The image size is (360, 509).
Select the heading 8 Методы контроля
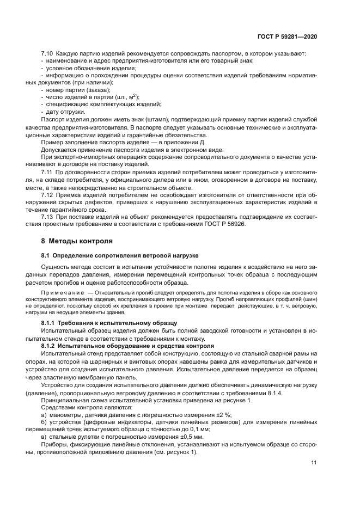pyautogui.click(x=77, y=241)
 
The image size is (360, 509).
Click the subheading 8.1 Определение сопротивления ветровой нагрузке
pyautogui.click(x=120, y=255)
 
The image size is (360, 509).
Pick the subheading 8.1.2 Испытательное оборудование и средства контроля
pyautogui.click(x=126, y=346)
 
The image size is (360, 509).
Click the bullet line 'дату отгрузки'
pyautogui.click(x=65, y=111)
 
